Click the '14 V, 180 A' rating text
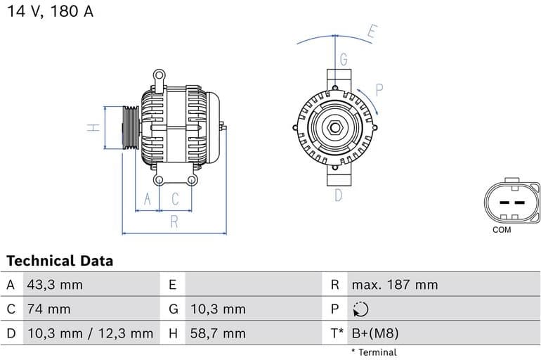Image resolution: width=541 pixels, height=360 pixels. pyautogui.click(x=50, y=12)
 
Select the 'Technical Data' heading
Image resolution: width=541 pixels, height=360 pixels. pyautogui.click(x=60, y=261)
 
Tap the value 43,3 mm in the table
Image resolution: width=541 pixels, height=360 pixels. pyautogui.click(x=55, y=285)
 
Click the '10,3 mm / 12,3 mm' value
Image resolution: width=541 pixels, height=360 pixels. pyautogui.click(x=89, y=333)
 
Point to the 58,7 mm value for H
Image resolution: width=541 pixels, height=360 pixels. pyautogui.click(x=218, y=333)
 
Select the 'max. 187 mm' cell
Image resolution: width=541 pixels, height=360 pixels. pyautogui.click(x=394, y=285)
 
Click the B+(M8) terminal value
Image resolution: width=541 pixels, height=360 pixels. pyautogui.click(x=374, y=333)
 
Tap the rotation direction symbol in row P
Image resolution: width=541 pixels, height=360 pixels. pyautogui.click(x=360, y=309)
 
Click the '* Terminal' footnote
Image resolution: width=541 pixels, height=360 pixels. pyautogui.click(x=374, y=352)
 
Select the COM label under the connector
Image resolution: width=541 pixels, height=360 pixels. pyautogui.click(x=502, y=230)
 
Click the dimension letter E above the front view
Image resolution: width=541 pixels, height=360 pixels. pyautogui.click(x=372, y=32)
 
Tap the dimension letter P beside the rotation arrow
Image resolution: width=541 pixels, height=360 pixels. pyautogui.click(x=379, y=89)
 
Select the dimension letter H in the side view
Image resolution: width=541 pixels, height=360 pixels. pyautogui.click(x=92, y=128)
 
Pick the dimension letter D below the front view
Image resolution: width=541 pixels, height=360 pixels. pyautogui.click(x=338, y=195)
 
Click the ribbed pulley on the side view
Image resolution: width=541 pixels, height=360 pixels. pyautogui.click(x=130, y=127)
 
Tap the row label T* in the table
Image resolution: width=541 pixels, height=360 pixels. pyautogui.click(x=337, y=333)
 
